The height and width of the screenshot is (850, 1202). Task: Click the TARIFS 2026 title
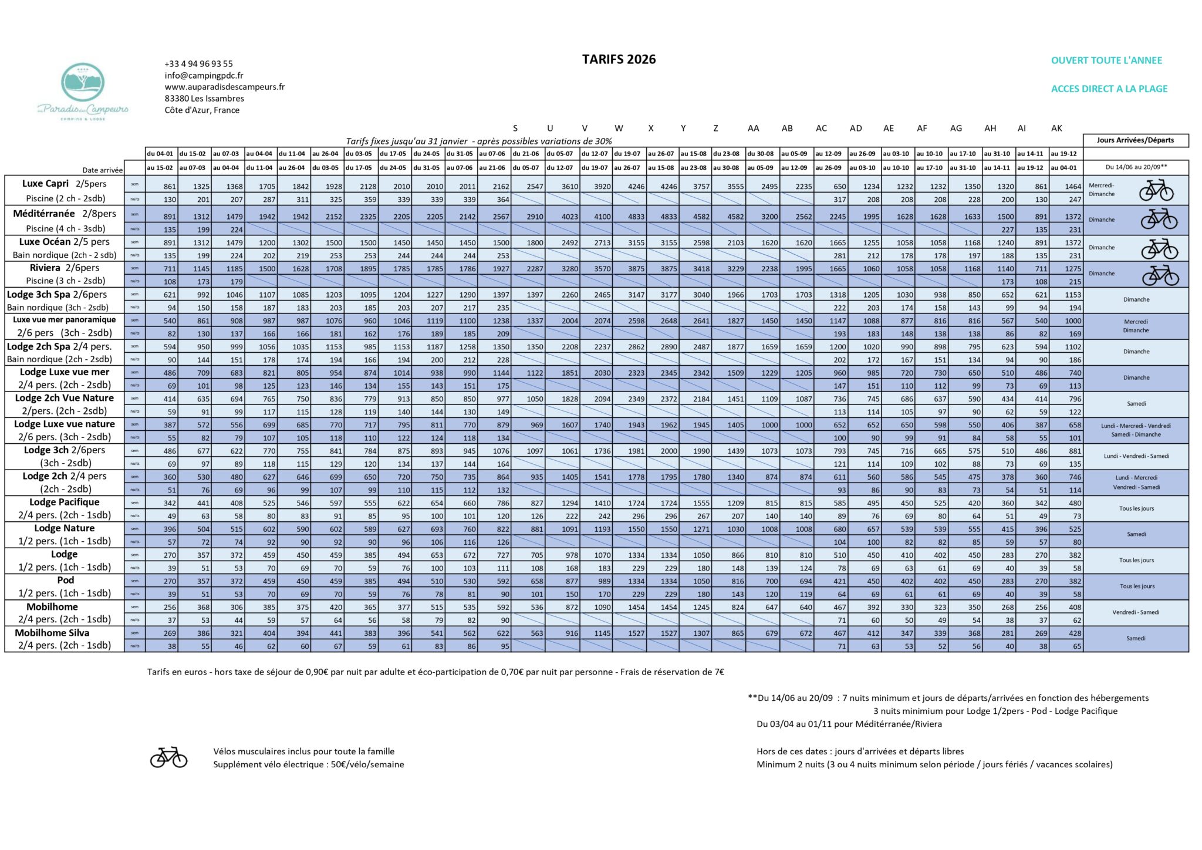[x=619, y=59]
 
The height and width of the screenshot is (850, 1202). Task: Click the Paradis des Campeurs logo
[x=83, y=91]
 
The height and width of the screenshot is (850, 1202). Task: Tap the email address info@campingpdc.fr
[x=204, y=75]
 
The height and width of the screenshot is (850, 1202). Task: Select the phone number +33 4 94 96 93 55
[x=198, y=63]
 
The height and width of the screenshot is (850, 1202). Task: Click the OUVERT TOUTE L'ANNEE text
[x=1106, y=60]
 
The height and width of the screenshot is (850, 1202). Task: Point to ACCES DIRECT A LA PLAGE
[x=1109, y=89]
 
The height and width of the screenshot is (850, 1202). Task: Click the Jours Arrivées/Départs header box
[x=1135, y=140]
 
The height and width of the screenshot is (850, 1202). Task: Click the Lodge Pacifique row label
[x=65, y=502]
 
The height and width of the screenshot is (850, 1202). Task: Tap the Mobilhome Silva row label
[x=52, y=633]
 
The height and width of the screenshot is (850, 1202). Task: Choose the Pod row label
[x=66, y=580]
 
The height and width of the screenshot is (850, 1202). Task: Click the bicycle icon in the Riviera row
[x=1160, y=274]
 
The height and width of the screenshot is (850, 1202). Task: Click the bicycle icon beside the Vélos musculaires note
[x=168, y=757]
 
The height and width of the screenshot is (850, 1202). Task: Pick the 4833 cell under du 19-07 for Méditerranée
[x=636, y=217]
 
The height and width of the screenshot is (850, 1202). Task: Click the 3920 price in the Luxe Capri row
[x=602, y=187]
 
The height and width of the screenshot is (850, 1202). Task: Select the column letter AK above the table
[x=1056, y=129]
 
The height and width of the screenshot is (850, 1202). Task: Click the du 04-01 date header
[x=160, y=154]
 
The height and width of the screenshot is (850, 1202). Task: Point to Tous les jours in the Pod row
[x=1136, y=586]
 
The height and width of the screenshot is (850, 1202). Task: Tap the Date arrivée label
[x=103, y=170]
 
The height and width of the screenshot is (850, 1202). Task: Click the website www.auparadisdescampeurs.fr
[x=224, y=87]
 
